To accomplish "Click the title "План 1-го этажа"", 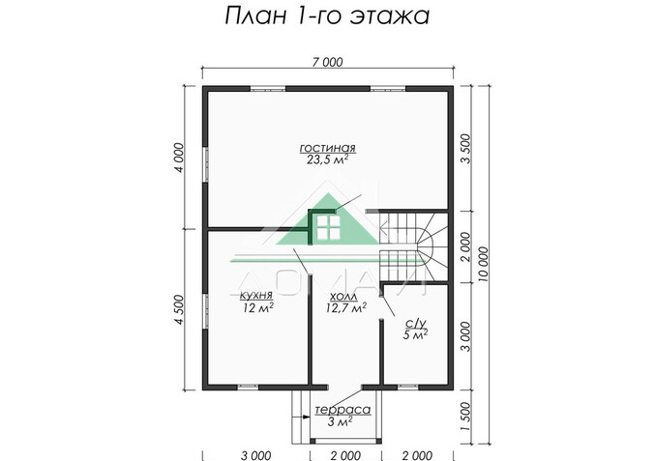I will coord(327,16).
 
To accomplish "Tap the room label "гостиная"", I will coord(327,149).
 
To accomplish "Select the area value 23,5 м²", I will coord(327,161).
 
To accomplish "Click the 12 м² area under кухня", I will coord(256,309).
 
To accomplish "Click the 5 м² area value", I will coord(414,335).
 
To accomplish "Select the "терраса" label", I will coord(332,410).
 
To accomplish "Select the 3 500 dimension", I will coord(466,150).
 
